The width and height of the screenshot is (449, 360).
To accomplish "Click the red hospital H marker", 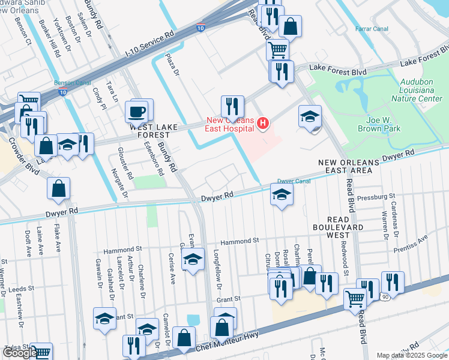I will pos(262,124).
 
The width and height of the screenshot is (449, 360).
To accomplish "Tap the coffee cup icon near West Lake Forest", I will pos(136,112).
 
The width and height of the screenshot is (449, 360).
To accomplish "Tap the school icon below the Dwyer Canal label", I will pos(282,194).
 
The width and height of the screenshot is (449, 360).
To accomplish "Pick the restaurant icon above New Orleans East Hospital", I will pos(232,107).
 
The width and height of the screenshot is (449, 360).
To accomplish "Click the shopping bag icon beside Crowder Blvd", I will pos(59,188).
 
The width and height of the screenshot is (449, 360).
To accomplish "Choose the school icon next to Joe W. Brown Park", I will pos(310,116).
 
